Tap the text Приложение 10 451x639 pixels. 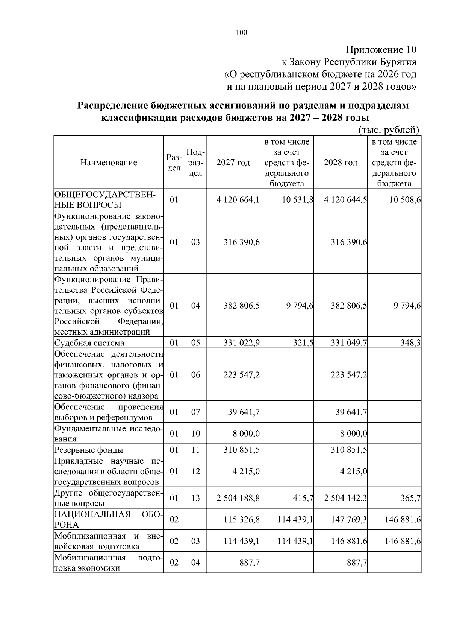click(381, 50)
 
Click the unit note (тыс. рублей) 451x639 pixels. click(389, 130)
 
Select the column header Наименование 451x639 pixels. click(109, 163)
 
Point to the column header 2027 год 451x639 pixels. click(233, 163)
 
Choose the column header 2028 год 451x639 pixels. click(341, 163)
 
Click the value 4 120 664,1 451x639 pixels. click(238, 200)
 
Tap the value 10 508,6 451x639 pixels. click(405, 200)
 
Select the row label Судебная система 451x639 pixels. click(89, 343)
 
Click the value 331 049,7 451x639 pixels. click(349, 343)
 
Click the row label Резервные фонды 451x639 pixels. click(89, 450)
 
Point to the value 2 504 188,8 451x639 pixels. click(238, 498)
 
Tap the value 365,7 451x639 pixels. click(410, 498)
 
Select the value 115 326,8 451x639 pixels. click(241, 520)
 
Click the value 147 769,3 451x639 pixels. click(349, 520)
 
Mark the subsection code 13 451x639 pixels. click(195, 498)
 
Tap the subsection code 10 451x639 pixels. click(195, 434)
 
